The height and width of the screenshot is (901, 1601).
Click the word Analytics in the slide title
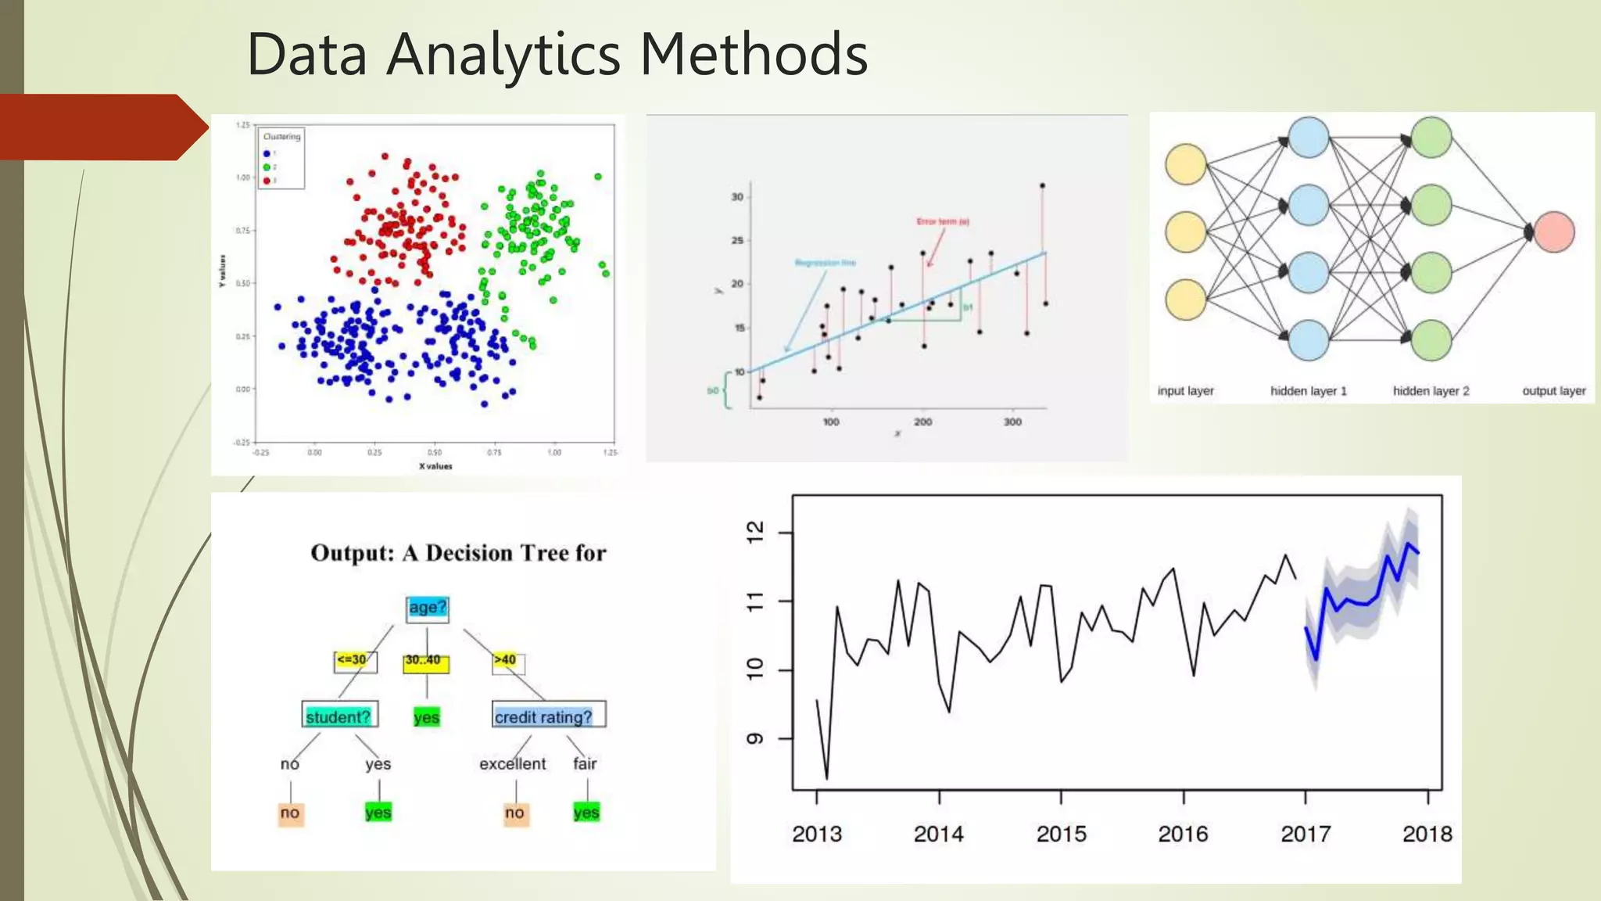coord(504,55)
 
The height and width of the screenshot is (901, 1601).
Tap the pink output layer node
coord(1553,232)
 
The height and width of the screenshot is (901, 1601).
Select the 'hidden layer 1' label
coord(1308,391)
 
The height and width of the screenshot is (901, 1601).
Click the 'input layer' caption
coord(1185,391)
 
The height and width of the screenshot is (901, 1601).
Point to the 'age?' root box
coord(427,608)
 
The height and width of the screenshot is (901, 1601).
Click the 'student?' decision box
coord(338,716)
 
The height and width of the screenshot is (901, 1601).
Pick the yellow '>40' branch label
coord(506,660)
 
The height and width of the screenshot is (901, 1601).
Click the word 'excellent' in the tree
coord(513,764)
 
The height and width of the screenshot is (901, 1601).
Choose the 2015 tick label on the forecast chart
coord(1061,835)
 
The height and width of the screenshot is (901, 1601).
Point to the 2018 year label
coord(1427,835)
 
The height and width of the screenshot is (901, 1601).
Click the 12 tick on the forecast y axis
coord(755,533)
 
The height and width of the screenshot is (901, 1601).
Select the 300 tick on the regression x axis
coord(1012,422)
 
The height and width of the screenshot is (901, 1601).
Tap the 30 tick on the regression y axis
coord(737,197)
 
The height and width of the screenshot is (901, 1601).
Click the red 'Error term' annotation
coord(943,222)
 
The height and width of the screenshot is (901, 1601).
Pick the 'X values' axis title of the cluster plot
coord(435,466)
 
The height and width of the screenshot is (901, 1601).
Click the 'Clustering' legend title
coord(281,137)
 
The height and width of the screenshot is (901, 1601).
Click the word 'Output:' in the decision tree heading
coord(353,553)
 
